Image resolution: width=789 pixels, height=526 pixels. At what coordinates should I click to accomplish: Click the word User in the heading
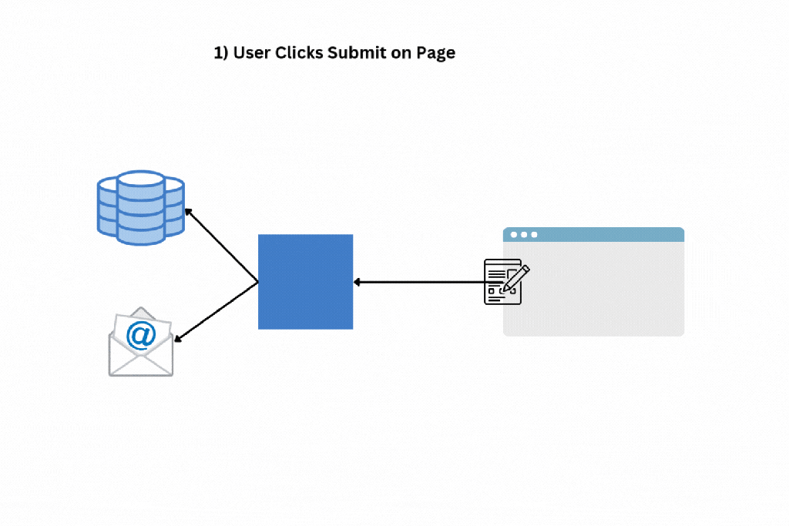250,53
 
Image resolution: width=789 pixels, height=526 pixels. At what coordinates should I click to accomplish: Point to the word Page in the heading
436,53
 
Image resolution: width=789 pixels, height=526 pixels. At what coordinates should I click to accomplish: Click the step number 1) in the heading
221,53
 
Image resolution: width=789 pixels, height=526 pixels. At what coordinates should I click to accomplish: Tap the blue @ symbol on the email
139,337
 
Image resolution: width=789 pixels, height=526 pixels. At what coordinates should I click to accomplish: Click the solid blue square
305,282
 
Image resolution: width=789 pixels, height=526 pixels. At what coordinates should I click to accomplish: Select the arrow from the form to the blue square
420,282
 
